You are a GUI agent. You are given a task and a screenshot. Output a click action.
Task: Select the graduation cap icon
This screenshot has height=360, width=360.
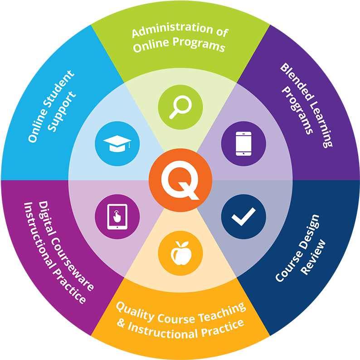pyautogui.click(x=117, y=143)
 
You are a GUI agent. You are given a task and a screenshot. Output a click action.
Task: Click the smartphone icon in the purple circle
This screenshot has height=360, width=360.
pyautogui.click(x=243, y=143)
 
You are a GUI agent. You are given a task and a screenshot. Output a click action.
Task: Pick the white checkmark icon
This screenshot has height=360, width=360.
pyautogui.click(x=243, y=217)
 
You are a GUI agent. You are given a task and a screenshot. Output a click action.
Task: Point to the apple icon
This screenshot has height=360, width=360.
pyautogui.click(x=181, y=253)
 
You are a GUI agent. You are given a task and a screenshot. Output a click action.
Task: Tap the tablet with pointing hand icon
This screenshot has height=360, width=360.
pyautogui.click(x=117, y=217)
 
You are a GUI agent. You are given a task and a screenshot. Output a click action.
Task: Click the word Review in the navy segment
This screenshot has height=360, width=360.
pyautogui.click(x=314, y=257)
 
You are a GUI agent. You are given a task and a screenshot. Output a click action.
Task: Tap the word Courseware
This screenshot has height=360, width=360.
pyautogui.click(x=72, y=264)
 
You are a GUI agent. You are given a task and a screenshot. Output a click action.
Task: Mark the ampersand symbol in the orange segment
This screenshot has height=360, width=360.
pyautogui.click(x=121, y=323)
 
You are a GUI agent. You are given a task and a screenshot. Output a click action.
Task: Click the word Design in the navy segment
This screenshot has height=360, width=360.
pyautogui.click(x=309, y=231)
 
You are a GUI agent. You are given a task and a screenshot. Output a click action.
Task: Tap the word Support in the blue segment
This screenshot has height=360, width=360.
pyautogui.click(x=62, y=112)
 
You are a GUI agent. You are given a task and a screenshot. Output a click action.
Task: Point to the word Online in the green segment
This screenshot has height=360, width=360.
pyautogui.click(x=151, y=46)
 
